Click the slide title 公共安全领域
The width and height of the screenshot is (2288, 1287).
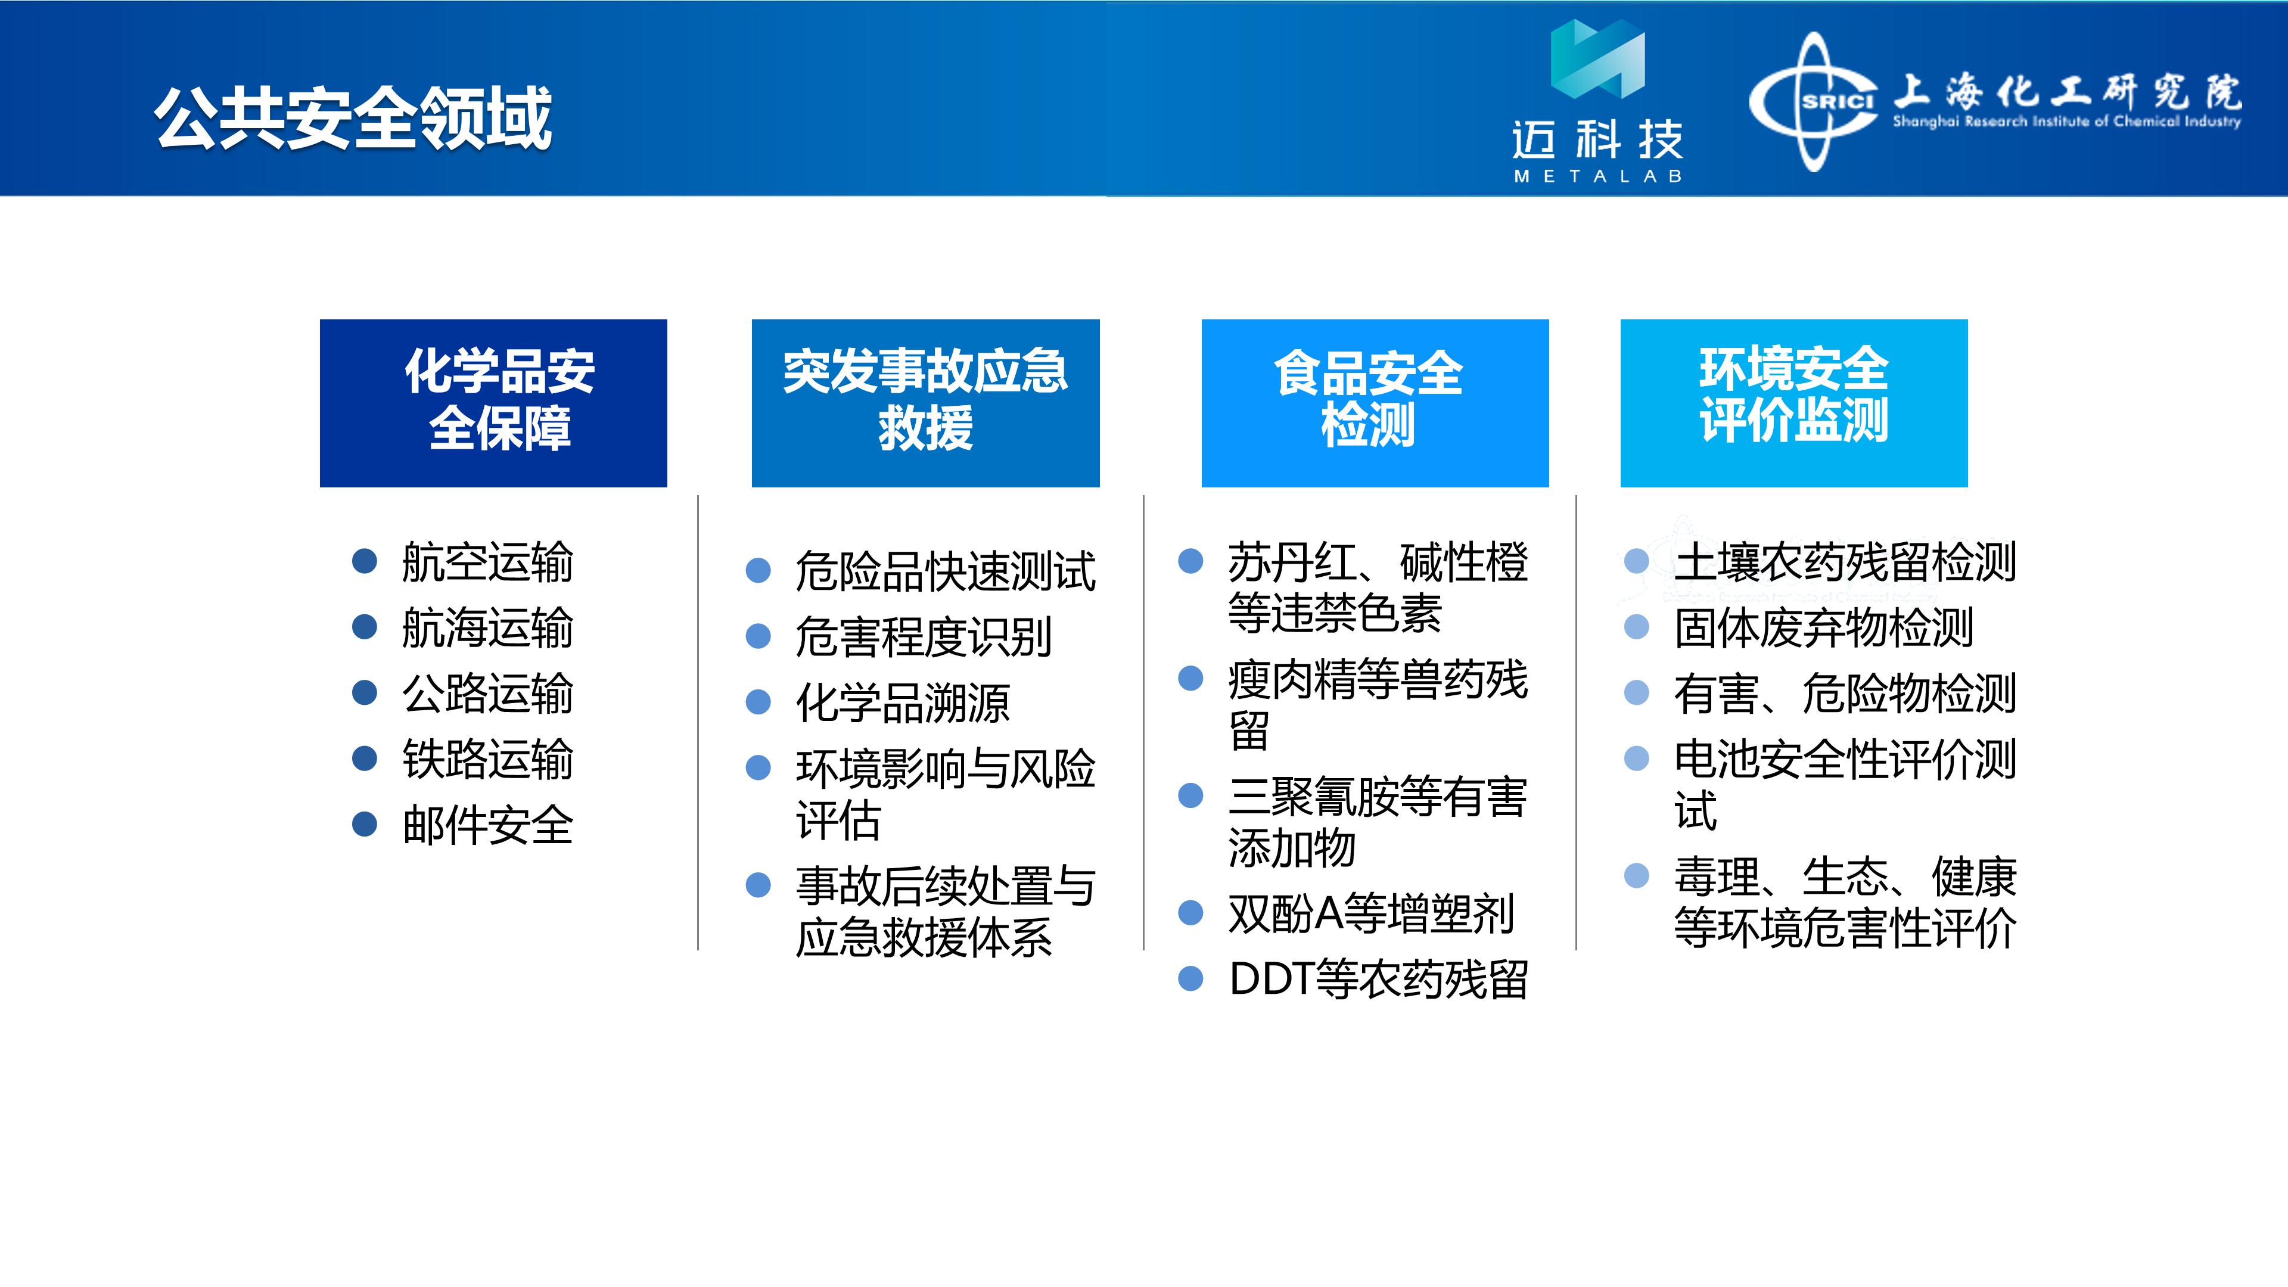pos(353,117)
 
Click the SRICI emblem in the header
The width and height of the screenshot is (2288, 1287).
pos(1814,101)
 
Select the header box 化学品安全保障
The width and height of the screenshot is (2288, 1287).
pos(493,402)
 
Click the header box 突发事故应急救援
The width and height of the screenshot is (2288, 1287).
pos(925,402)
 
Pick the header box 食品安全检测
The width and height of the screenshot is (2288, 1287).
pos(1375,402)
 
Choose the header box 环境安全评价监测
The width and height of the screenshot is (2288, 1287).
pos(1794,402)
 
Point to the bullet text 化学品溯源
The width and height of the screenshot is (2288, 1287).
pos(903,702)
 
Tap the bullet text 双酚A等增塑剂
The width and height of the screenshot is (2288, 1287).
pos(1370,913)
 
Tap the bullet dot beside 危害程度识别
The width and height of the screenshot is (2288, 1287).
pos(758,636)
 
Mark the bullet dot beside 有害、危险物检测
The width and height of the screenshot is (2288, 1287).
pos(1637,693)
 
